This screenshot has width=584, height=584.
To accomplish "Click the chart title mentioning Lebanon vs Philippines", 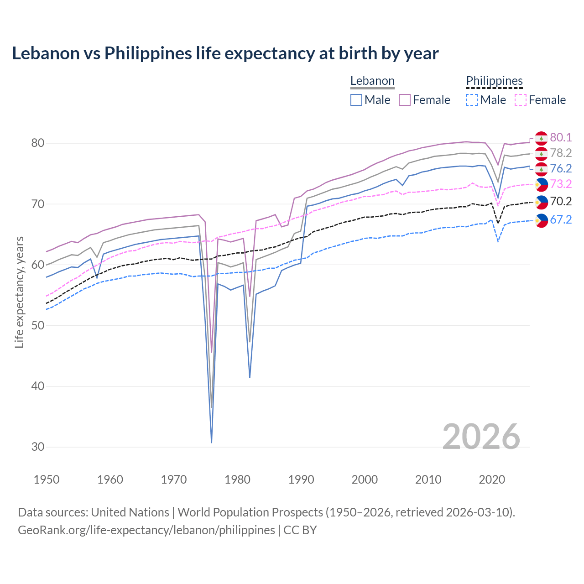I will tap(225, 53).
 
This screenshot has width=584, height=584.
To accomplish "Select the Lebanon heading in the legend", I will tap(372, 81).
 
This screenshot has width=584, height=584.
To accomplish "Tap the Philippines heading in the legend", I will tap(494, 81).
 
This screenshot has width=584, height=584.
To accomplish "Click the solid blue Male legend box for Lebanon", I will tap(356, 100).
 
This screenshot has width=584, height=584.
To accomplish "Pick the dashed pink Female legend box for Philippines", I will tap(521, 100).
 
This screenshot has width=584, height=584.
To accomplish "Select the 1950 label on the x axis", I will tap(47, 480).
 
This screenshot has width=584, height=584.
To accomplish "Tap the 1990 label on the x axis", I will tap(301, 480).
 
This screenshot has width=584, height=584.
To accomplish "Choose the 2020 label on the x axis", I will tap(492, 480).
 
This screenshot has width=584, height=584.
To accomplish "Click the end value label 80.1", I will tap(561, 138).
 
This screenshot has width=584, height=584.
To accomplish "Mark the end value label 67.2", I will tap(561, 220).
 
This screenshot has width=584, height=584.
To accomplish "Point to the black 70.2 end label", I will tap(561, 202).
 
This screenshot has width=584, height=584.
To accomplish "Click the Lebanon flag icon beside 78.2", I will tap(541, 153).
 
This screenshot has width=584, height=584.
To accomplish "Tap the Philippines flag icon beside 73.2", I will tap(541, 184).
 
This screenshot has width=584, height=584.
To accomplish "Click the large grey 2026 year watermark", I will tap(481, 437).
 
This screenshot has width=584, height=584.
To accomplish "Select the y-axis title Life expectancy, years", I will tap(20, 292).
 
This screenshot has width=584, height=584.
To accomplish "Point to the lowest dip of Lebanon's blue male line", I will tap(212, 442).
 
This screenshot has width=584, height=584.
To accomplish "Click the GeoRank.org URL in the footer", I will tap(146, 530).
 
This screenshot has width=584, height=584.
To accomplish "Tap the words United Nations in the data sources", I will tap(130, 512).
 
